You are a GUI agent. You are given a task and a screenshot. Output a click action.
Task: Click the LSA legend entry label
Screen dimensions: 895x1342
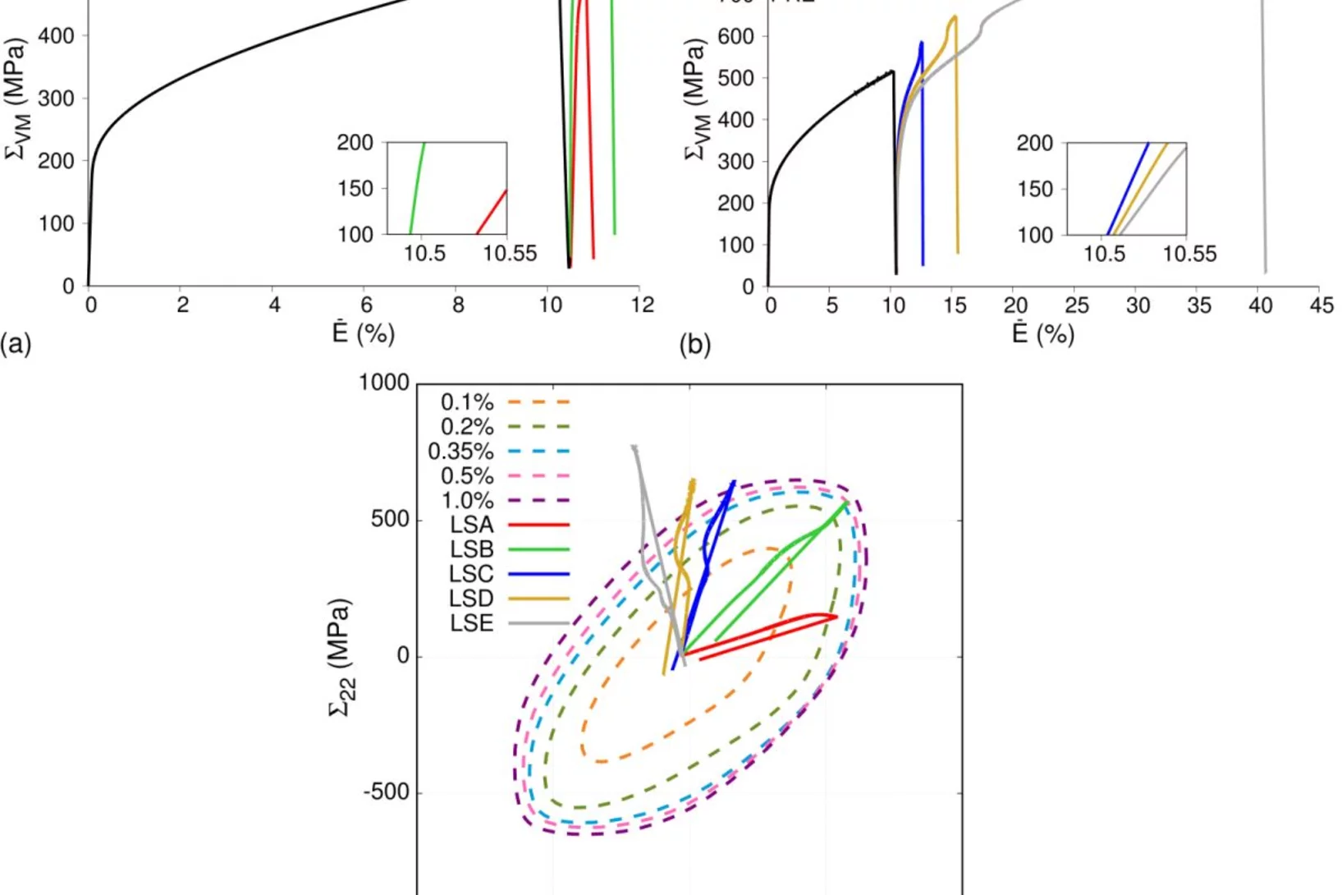(x=471, y=525)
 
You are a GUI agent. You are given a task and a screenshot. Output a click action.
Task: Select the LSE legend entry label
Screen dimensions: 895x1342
(x=471, y=623)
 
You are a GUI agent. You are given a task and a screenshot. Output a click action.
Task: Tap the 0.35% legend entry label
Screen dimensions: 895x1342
(x=460, y=452)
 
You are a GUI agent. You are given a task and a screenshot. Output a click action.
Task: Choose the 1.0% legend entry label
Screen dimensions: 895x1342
(x=467, y=500)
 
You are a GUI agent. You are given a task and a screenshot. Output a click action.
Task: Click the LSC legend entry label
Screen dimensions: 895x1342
(x=471, y=574)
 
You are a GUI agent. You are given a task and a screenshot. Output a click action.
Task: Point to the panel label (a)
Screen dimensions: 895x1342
(x=16, y=343)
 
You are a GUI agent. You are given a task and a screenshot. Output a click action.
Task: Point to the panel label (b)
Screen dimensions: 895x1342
(x=695, y=345)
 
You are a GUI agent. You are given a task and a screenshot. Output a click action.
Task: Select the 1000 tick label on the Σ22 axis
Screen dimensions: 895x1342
(x=383, y=383)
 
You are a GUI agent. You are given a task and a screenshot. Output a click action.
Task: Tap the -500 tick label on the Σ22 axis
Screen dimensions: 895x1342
(x=386, y=792)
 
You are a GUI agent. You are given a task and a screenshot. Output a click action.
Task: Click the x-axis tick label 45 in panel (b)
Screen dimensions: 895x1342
(x=1321, y=305)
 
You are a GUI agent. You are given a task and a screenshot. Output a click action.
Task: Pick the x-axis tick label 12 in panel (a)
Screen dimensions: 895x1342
(x=643, y=305)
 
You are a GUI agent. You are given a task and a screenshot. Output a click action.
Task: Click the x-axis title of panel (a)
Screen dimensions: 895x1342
(x=363, y=333)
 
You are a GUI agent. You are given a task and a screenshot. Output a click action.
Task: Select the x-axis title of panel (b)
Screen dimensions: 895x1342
(x=1042, y=333)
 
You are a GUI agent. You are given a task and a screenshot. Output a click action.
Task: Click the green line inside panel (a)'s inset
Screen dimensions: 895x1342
(x=417, y=189)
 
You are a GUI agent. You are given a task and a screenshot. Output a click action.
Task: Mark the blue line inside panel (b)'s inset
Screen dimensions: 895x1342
(x=1129, y=189)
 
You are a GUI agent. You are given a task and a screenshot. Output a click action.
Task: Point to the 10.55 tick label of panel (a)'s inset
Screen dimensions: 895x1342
(x=509, y=254)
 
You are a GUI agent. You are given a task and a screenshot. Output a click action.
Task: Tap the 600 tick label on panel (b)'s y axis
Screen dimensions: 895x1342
(x=735, y=37)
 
